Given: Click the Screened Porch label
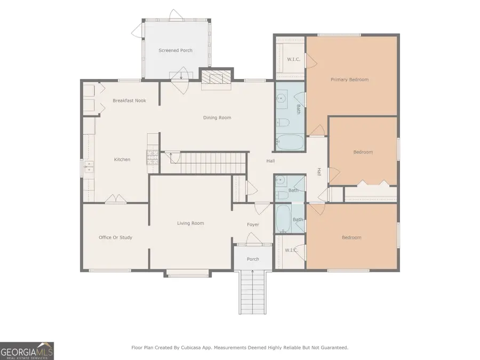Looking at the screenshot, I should pyautogui.click(x=175, y=51).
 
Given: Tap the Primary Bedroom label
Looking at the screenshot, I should pyautogui.click(x=349, y=79).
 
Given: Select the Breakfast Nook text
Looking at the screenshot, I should pyautogui.click(x=129, y=100).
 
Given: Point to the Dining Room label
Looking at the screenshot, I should pyautogui.click(x=217, y=117).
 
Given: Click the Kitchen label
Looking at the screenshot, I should pyautogui.click(x=122, y=159).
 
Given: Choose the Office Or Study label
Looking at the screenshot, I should pyautogui.click(x=115, y=237).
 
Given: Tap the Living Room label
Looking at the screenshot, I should pyautogui.click(x=190, y=223).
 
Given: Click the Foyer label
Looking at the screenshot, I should pyautogui.click(x=253, y=225).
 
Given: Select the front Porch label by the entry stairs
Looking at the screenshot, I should pyautogui.click(x=253, y=259).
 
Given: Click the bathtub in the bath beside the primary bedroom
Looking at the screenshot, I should pyautogui.click(x=290, y=143).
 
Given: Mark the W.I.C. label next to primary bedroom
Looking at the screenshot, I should pyautogui.click(x=293, y=59).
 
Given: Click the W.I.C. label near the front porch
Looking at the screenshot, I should pyautogui.click(x=291, y=250).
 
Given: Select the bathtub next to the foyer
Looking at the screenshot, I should pyautogui.click(x=283, y=219).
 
